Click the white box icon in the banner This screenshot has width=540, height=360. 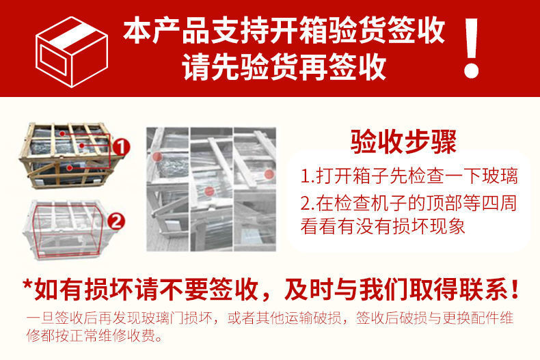[71, 49]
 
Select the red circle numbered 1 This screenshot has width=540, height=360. [121, 146]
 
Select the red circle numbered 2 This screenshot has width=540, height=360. [116, 220]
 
